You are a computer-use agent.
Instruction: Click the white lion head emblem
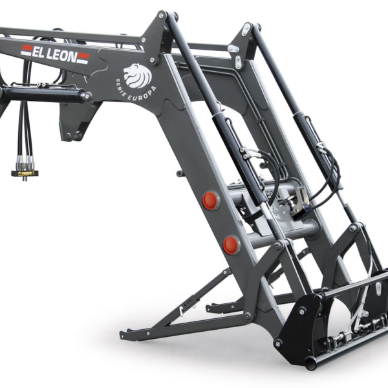click(x=137, y=76)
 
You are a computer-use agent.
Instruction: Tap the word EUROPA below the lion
click(x=142, y=94)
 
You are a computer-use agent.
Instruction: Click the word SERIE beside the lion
click(x=121, y=87)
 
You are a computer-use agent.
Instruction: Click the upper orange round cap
click(x=210, y=200)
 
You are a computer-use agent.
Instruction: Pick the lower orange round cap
click(x=231, y=245)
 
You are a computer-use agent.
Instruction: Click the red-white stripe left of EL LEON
click(x=27, y=50)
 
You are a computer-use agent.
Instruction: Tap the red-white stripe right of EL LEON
click(x=83, y=58)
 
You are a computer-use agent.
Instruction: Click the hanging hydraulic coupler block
click(x=25, y=173)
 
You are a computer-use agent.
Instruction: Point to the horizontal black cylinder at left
click(x=45, y=94)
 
